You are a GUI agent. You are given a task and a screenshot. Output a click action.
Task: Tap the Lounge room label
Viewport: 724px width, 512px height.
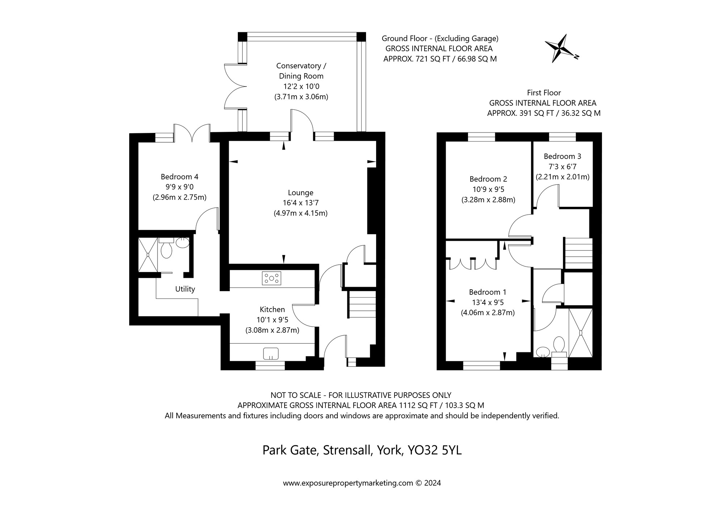pos(300,193)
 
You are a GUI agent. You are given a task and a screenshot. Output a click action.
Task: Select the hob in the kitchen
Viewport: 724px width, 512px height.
pos(271,278)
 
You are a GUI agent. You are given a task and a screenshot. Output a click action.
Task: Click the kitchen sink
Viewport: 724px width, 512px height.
pos(271,353)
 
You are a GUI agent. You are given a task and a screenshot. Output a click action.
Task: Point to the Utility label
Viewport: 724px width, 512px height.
pos(185,289)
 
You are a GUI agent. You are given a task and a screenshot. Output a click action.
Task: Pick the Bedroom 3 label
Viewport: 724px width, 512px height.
pos(562,156)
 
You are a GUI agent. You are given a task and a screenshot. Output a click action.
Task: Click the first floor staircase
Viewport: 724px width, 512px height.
pos(578,253)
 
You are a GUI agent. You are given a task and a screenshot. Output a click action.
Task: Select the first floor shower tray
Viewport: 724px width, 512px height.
pos(581,332)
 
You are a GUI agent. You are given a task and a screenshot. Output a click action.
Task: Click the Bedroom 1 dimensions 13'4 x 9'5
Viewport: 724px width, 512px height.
pos(488,302)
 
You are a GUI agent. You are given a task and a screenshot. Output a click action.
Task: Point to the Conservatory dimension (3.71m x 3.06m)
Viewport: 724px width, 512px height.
pos(301,97)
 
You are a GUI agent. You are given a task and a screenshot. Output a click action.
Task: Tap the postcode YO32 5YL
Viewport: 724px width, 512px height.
pos(435,450)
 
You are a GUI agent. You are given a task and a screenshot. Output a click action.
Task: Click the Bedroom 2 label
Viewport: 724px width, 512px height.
pos(488,179)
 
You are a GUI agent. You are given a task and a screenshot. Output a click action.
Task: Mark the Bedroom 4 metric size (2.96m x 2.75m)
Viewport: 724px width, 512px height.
pos(180,197)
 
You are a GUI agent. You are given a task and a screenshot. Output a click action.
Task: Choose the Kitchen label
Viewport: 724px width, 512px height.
pos(272,309)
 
